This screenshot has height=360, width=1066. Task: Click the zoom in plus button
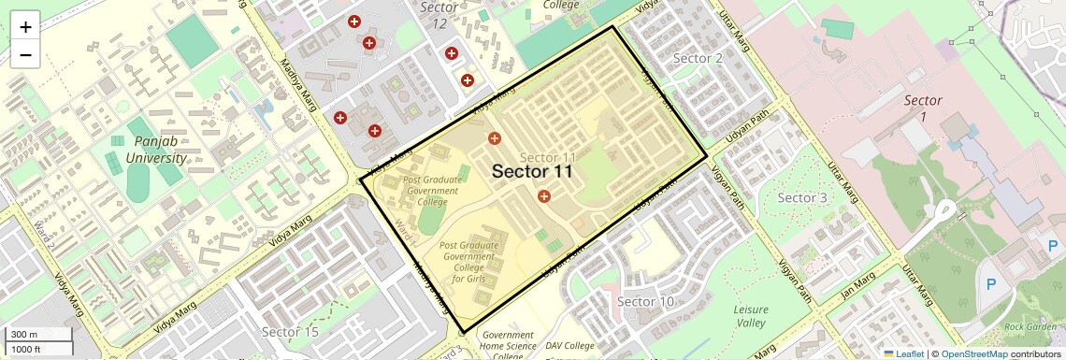click(x=25, y=26)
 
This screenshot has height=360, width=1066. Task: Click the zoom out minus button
click(x=25, y=54)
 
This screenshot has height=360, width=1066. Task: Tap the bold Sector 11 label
click(x=531, y=171)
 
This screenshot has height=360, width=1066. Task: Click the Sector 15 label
click(x=290, y=332)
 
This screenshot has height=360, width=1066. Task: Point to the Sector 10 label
click(x=645, y=301)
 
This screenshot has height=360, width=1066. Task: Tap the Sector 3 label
click(x=802, y=197)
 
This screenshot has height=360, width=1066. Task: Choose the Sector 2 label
click(x=698, y=58)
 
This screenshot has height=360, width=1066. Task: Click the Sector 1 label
click(x=922, y=108)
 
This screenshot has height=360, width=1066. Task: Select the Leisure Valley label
click(x=750, y=316)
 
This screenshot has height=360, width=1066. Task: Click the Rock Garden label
click(x=1031, y=327)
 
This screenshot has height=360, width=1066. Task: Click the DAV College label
click(x=570, y=346)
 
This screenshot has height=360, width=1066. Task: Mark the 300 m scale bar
click(x=37, y=334)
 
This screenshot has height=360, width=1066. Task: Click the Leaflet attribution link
click(x=902, y=353)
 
